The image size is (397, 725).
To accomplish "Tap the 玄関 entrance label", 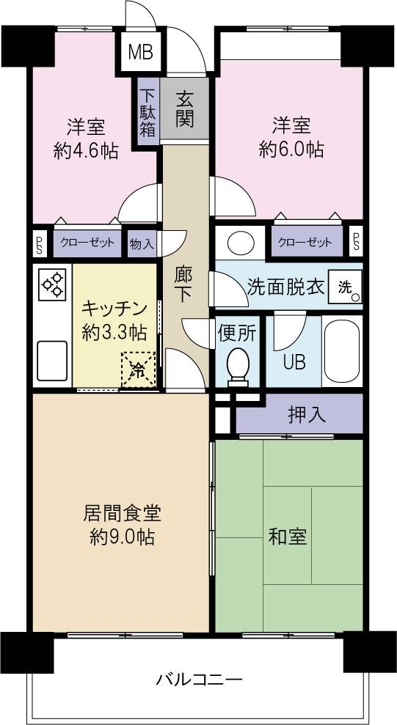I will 185,108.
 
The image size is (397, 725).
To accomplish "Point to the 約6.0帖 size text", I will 291,150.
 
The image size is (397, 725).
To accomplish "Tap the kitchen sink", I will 51,361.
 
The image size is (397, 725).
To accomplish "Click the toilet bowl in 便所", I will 237,364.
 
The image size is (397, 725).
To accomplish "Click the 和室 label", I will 287,536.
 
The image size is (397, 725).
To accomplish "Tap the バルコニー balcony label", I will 198,680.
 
